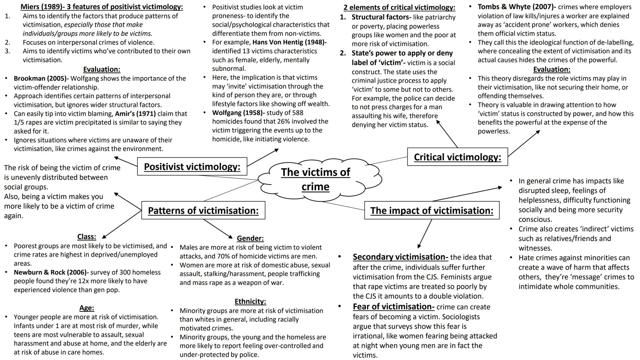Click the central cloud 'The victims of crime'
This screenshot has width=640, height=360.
pyautogui.click(x=315, y=179)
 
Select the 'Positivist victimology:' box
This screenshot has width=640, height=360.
pyautogui.click(x=192, y=166)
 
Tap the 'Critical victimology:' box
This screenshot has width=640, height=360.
pyautogui.click(x=457, y=157)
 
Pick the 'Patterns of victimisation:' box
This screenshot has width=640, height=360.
pyautogui.click(x=203, y=210)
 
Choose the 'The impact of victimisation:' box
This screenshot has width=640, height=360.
pyautogui.click(x=432, y=210)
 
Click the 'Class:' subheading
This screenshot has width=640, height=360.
pyautogui.click(x=87, y=237)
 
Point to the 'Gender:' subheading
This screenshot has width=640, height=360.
pyautogui.click(x=250, y=238)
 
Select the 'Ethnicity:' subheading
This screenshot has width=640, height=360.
pyautogui.click(x=250, y=301)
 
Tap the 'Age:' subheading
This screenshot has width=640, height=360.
pyautogui.click(x=87, y=308)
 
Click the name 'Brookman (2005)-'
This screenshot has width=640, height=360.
pyautogui.click(x=41, y=78)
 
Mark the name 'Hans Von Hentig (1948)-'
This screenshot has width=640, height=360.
pyautogui.click(x=289, y=42)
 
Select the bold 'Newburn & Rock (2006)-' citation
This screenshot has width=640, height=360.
pyautogui.click(x=51, y=272)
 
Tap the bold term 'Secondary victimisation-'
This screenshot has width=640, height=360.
pyautogui.click(x=400, y=257)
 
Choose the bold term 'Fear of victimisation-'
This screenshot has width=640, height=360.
pyautogui.click(x=394, y=307)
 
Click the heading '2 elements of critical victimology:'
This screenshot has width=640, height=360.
pyautogui.click(x=399, y=7)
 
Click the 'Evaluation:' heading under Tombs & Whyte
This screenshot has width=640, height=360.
pyautogui.click(x=552, y=69)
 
